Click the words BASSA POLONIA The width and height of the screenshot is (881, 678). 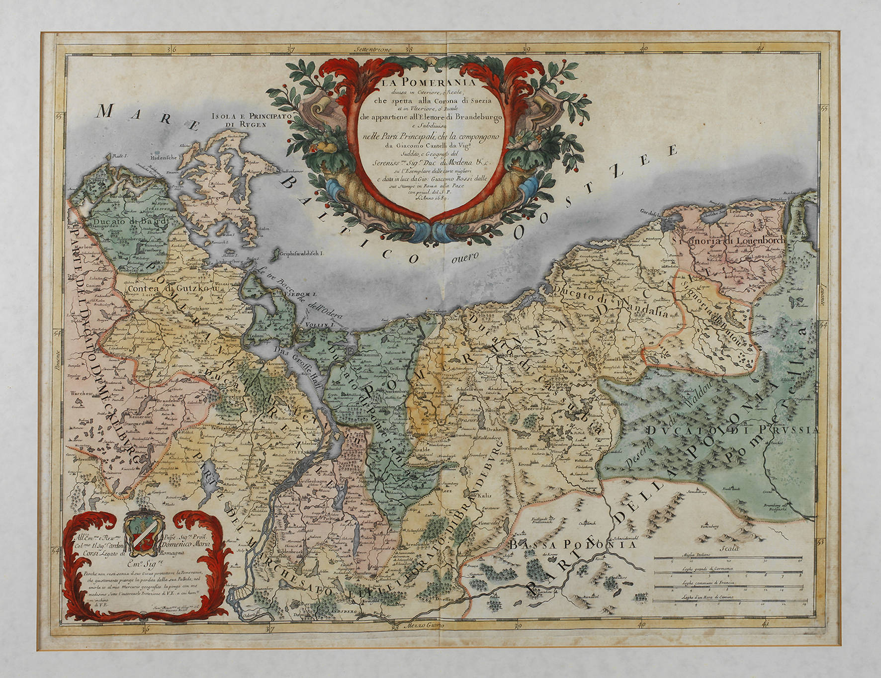tap(572, 545)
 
